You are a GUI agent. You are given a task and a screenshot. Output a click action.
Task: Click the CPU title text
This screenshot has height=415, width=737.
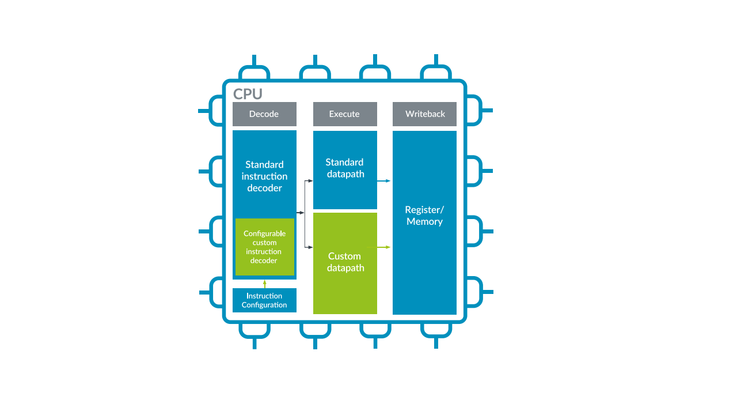[248, 94]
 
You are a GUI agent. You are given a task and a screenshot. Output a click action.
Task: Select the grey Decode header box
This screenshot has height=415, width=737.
[264, 114]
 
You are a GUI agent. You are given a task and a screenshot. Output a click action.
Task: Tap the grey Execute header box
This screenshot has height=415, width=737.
[345, 114]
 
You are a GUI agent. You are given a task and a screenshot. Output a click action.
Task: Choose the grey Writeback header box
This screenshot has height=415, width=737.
[425, 114]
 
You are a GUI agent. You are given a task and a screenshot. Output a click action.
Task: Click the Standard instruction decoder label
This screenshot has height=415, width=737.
[264, 176]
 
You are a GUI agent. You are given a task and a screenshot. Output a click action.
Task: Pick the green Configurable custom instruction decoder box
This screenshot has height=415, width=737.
[265, 247]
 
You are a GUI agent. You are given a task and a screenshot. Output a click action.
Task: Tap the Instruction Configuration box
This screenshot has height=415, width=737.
[264, 300]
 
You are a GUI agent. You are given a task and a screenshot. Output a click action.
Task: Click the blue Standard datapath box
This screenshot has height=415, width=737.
[345, 168]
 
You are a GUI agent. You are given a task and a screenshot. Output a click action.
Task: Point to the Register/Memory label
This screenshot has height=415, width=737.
[425, 216]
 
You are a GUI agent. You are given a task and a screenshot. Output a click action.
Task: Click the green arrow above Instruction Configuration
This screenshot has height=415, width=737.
[265, 283]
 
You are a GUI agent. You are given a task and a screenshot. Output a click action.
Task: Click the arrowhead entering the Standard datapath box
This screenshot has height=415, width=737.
[310, 181]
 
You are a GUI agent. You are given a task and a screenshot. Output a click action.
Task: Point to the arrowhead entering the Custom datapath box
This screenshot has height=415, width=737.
[310, 247]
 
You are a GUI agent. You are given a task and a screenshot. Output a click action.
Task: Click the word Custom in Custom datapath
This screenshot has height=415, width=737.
[344, 256]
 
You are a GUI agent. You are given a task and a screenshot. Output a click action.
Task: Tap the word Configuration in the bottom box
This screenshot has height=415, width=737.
[264, 305]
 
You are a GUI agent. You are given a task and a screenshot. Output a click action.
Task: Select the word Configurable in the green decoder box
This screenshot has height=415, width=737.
[265, 233]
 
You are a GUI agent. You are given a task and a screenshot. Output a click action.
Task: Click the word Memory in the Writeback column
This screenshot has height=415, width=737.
[424, 222]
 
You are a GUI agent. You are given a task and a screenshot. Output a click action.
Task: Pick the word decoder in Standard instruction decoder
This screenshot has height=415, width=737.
[264, 188]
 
